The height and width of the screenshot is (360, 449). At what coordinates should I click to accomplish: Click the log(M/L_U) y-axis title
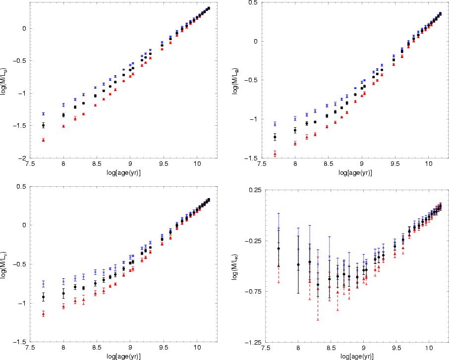tap(4, 79)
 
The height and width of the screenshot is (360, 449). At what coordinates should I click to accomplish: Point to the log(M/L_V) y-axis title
tap(4, 263)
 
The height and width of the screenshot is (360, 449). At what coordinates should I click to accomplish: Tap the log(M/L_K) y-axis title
tap(235, 265)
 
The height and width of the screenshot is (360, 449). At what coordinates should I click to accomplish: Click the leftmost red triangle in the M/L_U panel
tap(44, 140)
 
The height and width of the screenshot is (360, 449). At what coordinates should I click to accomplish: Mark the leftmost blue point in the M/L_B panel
tap(275, 124)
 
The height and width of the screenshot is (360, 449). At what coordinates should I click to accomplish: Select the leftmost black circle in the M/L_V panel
tap(44, 297)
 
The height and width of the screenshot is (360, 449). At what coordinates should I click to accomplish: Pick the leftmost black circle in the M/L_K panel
tap(279, 249)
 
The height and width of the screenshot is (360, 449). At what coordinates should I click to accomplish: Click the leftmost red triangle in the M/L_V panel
tap(44, 314)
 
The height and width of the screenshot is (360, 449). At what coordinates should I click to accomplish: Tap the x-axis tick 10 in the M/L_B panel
tap(428, 165)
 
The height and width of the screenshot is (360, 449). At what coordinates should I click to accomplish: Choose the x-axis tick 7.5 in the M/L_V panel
tap(30, 349)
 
